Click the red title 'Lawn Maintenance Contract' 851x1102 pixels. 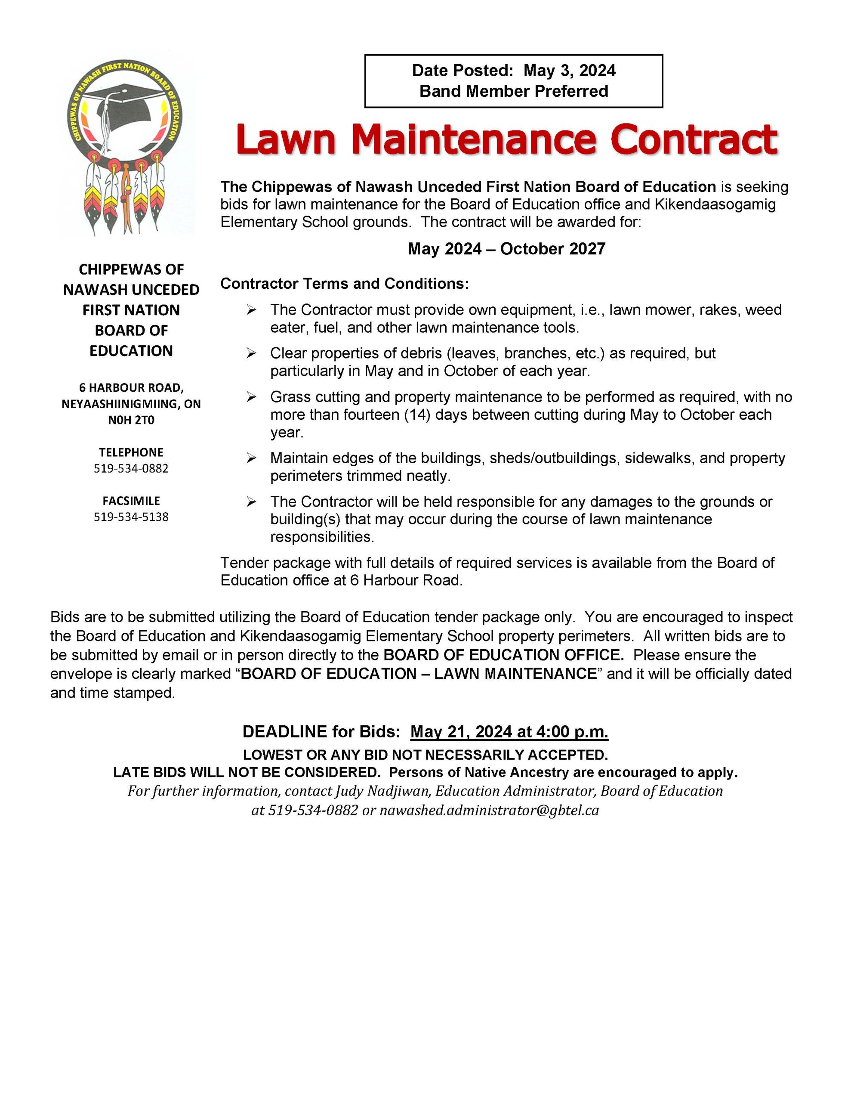point(506,139)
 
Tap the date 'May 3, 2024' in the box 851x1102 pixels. point(569,71)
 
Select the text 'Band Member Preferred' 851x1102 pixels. point(514,91)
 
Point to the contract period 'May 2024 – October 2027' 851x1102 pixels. point(506,249)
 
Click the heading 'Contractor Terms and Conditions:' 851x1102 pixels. point(345,284)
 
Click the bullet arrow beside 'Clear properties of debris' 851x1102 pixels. point(251,353)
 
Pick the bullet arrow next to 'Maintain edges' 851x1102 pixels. point(251,458)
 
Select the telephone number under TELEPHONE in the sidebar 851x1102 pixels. point(131,468)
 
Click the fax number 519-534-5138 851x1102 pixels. point(131,517)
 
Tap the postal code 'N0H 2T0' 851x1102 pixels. point(131,420)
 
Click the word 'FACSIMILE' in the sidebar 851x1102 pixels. point(131,501)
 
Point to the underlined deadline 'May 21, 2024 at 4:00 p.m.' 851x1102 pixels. point(509,732)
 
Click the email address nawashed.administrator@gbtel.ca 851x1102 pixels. point(489,810)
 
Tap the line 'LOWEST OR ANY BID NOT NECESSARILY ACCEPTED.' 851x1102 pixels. point(425,755)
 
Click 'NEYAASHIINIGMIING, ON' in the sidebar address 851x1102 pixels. point(131,404)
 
